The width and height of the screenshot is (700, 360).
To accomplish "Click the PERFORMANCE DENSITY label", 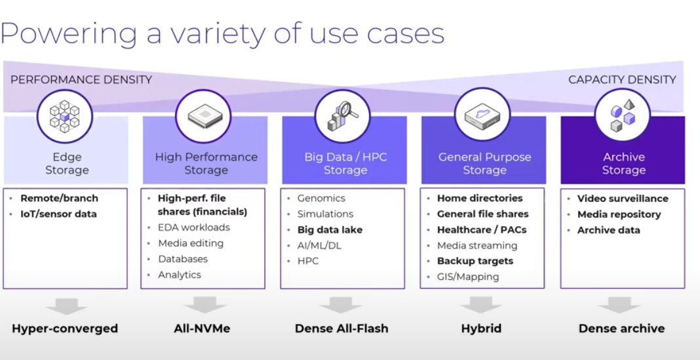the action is click(x=81, y=80).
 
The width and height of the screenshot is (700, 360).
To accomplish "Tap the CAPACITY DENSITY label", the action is click(x=622, y=80).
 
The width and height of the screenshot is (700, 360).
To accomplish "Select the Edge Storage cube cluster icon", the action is click(x=65, y=116).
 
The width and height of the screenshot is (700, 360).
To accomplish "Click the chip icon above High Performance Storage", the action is click(x=203, y=116).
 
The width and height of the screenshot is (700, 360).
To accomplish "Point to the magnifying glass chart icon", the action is click(x=342, y=116).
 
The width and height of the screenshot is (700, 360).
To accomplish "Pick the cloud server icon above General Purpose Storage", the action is click(x=482, y=116).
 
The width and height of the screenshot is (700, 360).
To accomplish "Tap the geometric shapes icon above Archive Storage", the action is click(x=623, y=115).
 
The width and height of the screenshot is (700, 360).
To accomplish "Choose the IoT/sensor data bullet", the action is click(x=58, y=214).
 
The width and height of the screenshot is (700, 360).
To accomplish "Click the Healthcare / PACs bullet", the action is click(x=482, y=230).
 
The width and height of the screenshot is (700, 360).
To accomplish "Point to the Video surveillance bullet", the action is click(x=623, y=199).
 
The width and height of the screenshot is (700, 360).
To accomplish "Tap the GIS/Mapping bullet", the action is click(x=468, y=277).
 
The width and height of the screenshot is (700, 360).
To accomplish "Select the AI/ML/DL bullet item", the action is click(x=319, y=245).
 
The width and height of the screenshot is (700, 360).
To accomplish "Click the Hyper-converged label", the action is click(x=65, y=329).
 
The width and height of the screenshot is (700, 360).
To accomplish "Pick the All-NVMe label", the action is click(x=203, y=329).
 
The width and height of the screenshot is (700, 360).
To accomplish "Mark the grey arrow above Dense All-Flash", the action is click(x=341, y=305).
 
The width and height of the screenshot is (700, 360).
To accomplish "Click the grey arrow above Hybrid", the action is click(x=481, y=305).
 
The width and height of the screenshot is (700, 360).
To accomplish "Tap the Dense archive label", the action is click(x=621, y=329).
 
